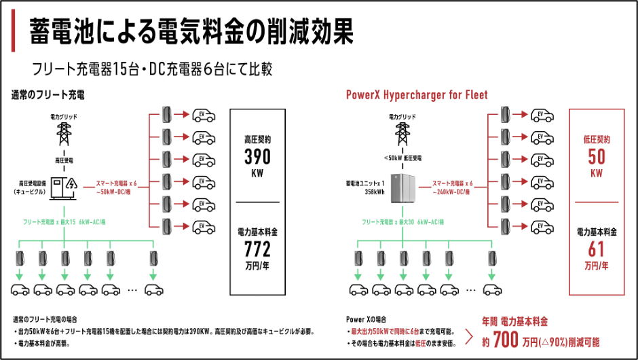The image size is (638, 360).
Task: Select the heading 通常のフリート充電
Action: (48, 94)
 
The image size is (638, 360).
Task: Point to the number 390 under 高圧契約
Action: (257, 156)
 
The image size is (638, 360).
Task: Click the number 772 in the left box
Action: (257, 247)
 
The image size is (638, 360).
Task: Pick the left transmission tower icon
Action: (64, 132)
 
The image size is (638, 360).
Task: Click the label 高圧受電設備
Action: (32, 183)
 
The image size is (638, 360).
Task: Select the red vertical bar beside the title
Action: (14, 33)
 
